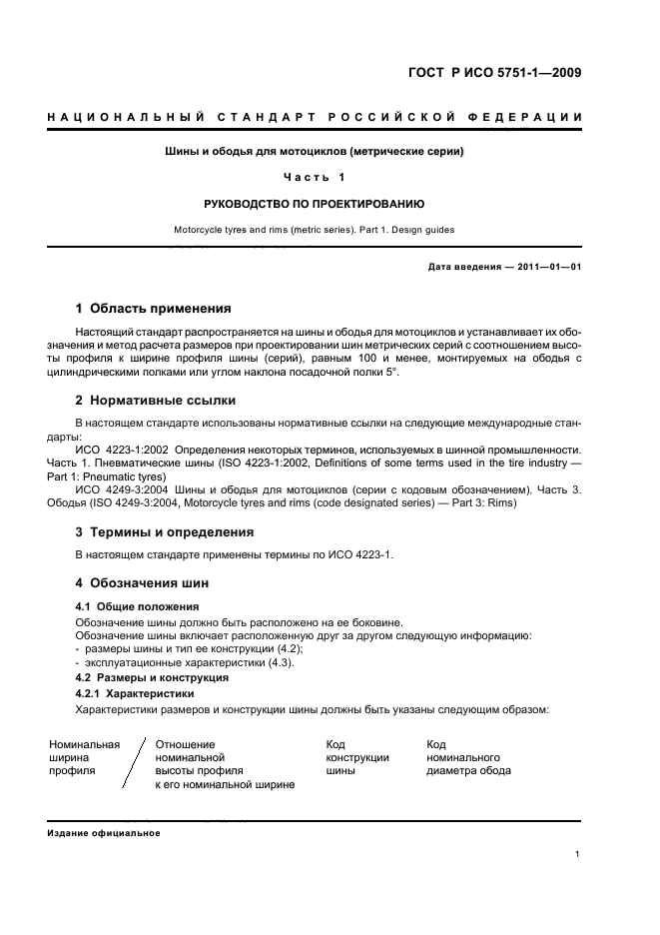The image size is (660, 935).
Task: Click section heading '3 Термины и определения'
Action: [x=165, y=531]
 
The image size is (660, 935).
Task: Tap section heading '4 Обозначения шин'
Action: [x=143, y=582]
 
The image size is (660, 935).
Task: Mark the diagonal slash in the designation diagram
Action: [x=135, y=764]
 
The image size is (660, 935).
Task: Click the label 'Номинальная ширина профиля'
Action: [x=84, y=757]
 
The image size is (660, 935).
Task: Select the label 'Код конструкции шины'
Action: [x=356, y=757]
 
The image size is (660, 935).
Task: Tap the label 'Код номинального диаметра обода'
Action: [x=467, y=757]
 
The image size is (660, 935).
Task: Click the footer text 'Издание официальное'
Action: [x=103, y=832]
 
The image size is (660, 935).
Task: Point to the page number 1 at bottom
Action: [x=578, y=854]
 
